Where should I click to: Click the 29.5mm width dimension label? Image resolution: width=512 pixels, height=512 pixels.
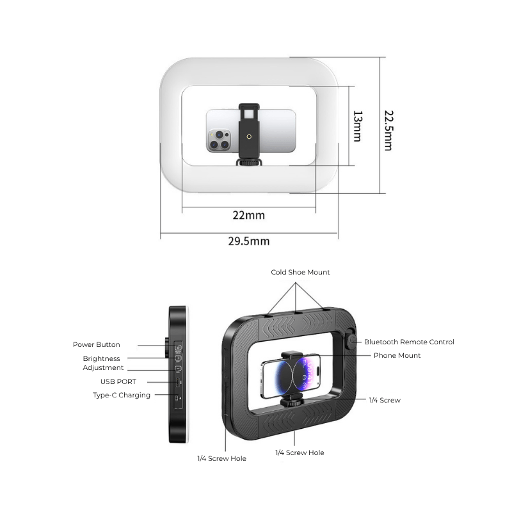click(249, 241)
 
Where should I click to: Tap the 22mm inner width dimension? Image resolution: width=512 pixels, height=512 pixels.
click(248, 215)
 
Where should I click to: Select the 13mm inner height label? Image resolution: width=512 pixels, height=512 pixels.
click(357, 126)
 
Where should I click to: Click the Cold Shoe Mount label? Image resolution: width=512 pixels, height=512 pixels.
click(300, 273)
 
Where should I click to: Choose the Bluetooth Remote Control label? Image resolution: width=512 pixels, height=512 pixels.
click(409, 342)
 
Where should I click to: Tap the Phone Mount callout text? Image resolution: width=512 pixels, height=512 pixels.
click(397, 355)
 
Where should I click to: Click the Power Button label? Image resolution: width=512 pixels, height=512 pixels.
click(96, 345)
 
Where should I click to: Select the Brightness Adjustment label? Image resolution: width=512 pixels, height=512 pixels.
click(102, 363)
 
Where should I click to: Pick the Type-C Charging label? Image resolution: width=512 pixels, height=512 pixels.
click(122, 396)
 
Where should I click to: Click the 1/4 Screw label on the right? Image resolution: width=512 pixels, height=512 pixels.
click(385, 400)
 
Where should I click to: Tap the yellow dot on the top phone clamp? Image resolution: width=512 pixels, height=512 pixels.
click(248, 136)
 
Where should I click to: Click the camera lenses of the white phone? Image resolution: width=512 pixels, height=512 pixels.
click(218, 140)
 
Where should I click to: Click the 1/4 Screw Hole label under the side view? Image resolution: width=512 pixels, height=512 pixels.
click(221, 458)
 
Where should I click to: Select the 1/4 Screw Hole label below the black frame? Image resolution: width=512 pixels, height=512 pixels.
click(300, 452)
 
